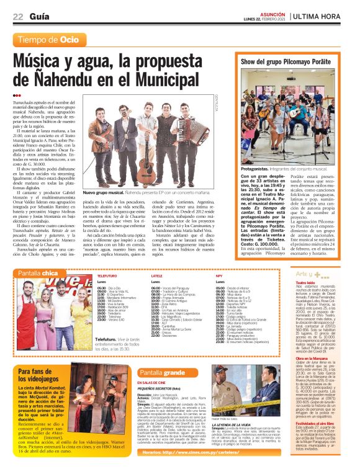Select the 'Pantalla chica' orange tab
(x=38, y=272)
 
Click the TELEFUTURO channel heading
(x=107, y=275)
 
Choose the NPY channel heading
(x=219, y=275)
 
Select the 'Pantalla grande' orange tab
(x=163, y=372)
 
